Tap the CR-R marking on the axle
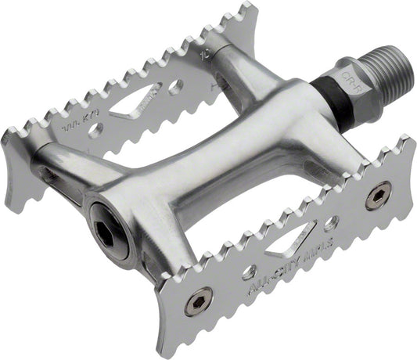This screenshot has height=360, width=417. pyautogui.click(x=350, y=83)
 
